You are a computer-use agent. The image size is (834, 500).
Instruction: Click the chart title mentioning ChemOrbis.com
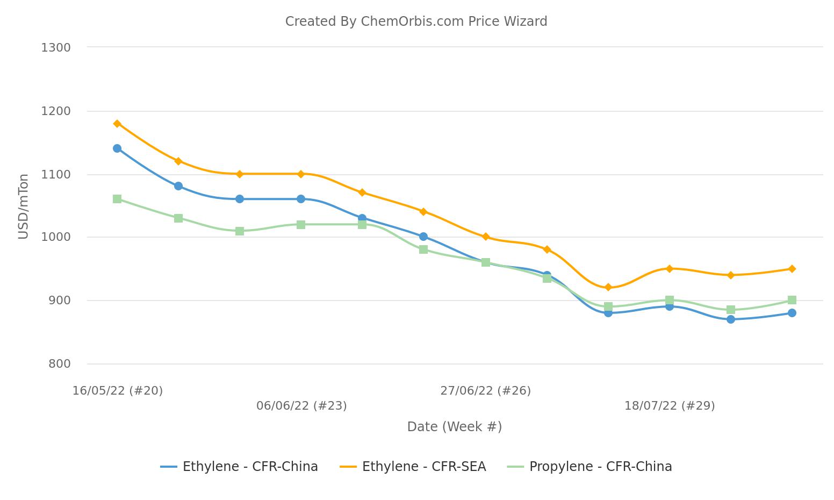pos(416,22)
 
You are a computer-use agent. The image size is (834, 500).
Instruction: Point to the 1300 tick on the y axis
pos(56,48)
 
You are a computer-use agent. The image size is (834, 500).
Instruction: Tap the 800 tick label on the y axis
pos(59,364)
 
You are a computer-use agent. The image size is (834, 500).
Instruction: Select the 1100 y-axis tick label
pos(56,175)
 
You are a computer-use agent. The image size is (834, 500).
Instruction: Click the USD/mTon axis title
pos(23,206)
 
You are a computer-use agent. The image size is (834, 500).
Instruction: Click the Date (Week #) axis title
pos(454,427)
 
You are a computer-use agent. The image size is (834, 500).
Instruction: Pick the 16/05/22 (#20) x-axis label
pos(118,391)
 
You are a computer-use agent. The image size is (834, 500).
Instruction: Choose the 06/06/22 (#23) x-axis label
pos(301,406)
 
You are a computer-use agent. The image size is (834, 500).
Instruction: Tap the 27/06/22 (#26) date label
pos(485,391)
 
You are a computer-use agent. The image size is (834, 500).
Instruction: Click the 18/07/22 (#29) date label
pos(669,406)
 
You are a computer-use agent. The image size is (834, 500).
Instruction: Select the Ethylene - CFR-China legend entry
pos(239,467)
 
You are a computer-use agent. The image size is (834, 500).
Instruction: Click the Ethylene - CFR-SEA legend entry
pos(413,467)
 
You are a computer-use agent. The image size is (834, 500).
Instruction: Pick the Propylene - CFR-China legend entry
pos(589,467)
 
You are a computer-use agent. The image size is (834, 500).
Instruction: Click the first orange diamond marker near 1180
pos(117,124)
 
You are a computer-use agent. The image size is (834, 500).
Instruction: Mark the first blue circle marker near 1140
pos(117,148)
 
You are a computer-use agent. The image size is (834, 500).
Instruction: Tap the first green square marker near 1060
pos(117,199)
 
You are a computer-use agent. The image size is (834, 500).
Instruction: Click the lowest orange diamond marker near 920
pos(608,288)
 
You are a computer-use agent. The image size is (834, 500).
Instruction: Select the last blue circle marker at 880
pos(792,313)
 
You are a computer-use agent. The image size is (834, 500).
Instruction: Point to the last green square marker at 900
pos(792,300)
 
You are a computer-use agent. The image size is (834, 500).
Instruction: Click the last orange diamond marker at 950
pos(792,269)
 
